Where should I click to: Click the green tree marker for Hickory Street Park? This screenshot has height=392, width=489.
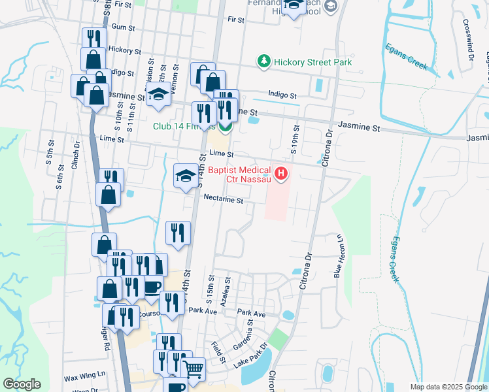(x=264, y=61)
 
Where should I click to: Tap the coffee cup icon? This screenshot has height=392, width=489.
(x=153, y=287)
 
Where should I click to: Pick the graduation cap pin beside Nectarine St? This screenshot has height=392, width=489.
(x=186, y=175)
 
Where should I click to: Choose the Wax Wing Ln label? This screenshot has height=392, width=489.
(x=84, y=376)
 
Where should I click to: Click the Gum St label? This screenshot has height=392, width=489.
(x=123, y=27)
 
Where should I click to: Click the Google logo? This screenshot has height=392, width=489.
(x=22, y=384)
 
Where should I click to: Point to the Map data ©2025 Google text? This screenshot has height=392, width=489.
(x=448, y=387)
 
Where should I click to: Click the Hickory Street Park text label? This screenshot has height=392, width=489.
(x=313, y=62)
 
